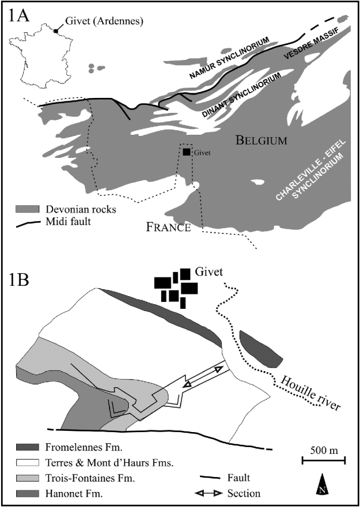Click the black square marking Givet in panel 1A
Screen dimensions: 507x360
coord(186,152)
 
